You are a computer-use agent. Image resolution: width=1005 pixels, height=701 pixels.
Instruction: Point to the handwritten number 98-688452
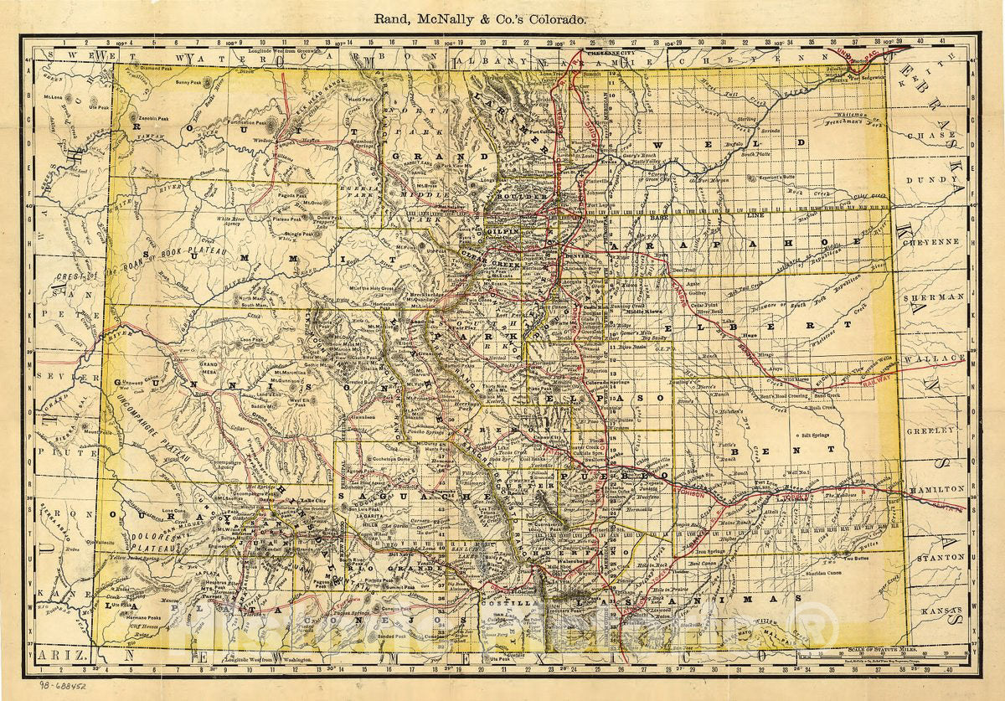[55, 684]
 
